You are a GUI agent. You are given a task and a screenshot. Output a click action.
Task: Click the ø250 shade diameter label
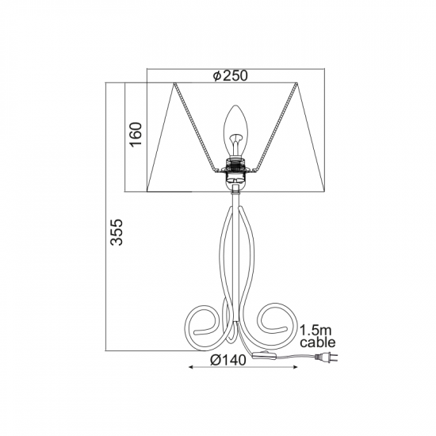[x=230, y=75]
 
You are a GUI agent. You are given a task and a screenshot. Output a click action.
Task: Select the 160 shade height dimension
[x=136, y=134]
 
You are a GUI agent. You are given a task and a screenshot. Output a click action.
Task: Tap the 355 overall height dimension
[x=117, y=232]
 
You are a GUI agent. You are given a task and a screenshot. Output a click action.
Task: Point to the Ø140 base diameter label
[x=228, y=361]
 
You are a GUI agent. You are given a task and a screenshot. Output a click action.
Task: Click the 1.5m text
[x=316, y=331]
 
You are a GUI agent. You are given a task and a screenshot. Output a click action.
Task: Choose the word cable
[x=318, y=342]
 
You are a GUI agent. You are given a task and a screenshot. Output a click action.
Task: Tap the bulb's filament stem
[x=235, y=144]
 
